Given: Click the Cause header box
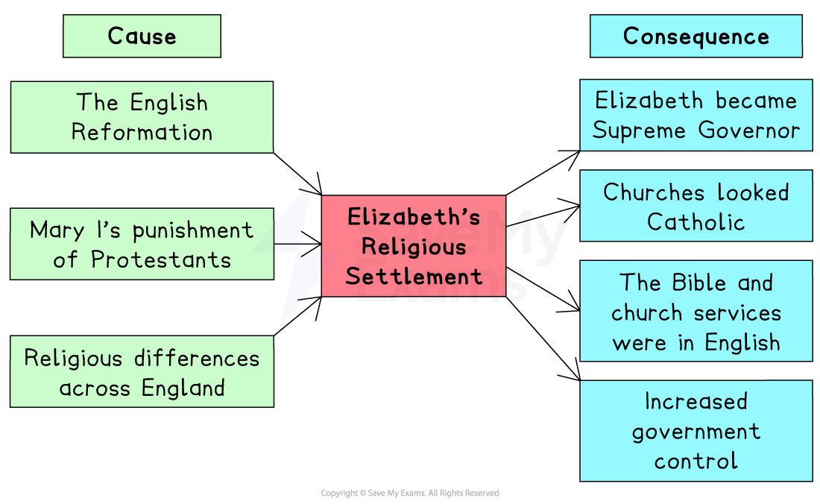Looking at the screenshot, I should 142,36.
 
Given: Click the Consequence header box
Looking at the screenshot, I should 696,36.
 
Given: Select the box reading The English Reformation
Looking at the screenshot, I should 142,117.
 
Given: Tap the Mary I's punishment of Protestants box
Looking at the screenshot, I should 142,244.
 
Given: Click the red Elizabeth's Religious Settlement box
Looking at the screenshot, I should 414,246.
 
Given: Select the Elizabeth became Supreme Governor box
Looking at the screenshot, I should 696,115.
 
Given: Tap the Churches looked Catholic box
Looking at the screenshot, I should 696,206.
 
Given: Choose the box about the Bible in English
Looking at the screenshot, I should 696,311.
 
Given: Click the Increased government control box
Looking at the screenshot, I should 696,430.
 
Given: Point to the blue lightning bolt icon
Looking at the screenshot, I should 300,250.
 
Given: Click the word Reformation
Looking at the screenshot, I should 142,133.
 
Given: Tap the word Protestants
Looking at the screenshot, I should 161,260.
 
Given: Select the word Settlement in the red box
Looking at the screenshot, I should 414,277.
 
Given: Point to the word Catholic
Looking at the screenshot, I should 696,222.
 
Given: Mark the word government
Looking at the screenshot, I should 696,432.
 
